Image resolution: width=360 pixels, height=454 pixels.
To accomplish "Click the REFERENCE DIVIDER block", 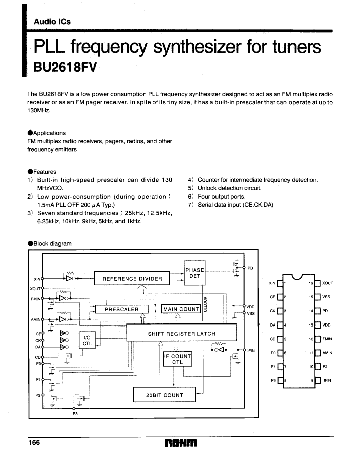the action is click(x=132, y=278).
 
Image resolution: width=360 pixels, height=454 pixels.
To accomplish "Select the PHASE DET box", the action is click(x=195, y=273).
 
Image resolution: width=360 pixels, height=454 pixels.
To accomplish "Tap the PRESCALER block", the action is click(x=122, y=309).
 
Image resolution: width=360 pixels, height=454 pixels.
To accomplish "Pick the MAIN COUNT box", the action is click(x=181, y=309).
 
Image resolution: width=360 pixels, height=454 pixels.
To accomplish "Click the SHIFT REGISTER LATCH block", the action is click(x=181, y=333).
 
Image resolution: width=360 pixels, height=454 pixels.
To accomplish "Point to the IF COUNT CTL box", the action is click(x=177, y=359).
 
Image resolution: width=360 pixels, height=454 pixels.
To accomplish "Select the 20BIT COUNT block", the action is click(x=164, y=395).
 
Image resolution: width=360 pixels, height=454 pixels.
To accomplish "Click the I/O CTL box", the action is click(x=87, y=340).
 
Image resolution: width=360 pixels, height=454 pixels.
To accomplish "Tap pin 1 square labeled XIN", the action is click(x=280, y=283).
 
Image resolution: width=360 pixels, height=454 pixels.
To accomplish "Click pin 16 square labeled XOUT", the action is click(x=318, y=283).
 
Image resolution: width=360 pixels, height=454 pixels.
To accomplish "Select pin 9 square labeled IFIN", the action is click(x=318, y=380).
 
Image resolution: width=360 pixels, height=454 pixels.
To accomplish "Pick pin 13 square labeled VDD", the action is click(x=318, y=325).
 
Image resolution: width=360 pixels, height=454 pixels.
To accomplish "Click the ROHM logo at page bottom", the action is click(x=181, y=443).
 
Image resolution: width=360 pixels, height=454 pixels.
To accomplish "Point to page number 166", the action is click(x=34, y=442).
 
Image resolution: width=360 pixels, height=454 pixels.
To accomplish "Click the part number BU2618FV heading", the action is click(x=65, y=67).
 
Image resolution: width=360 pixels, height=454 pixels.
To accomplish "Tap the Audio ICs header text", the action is click(x=52, y=22).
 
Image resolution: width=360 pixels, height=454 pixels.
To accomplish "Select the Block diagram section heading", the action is click(x=50, y=243).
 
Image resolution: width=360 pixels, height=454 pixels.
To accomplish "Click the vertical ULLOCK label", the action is click(x=205, y=304).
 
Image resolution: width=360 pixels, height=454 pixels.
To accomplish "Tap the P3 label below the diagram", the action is click(x=75, y=414).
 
